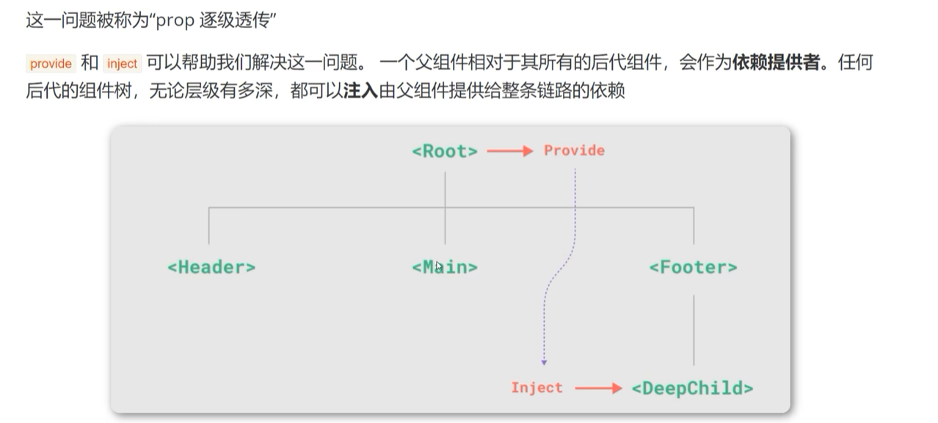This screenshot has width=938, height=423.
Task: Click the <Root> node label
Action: (x=445, y=151)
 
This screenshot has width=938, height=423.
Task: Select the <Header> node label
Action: (x=211, y=267)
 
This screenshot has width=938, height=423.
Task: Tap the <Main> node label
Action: (x=445, y=267)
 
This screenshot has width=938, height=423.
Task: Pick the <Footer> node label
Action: (x=693, y=267)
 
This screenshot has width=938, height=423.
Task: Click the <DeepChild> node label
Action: (x=692, y=388)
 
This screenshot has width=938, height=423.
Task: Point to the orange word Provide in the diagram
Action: (x=574, y=151)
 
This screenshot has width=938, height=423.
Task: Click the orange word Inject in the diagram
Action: (x=537, y=388)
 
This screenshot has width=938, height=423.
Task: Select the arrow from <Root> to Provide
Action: (x=510, y=151)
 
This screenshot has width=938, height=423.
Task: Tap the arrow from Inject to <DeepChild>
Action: (x=598, y=388)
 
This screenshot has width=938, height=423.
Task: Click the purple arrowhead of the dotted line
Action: (x=544, y=361)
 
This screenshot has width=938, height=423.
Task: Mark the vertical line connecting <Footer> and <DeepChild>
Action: (x=694, y=330)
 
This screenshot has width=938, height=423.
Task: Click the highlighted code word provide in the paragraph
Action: (x=51, y=64)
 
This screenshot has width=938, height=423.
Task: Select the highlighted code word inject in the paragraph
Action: (x=122, y=64)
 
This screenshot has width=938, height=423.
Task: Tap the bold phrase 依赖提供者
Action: (x=775, y=63)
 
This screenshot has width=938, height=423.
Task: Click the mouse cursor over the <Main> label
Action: (x=439, y=267)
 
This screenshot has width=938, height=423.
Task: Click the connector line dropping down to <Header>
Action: (x=209, y=226)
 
